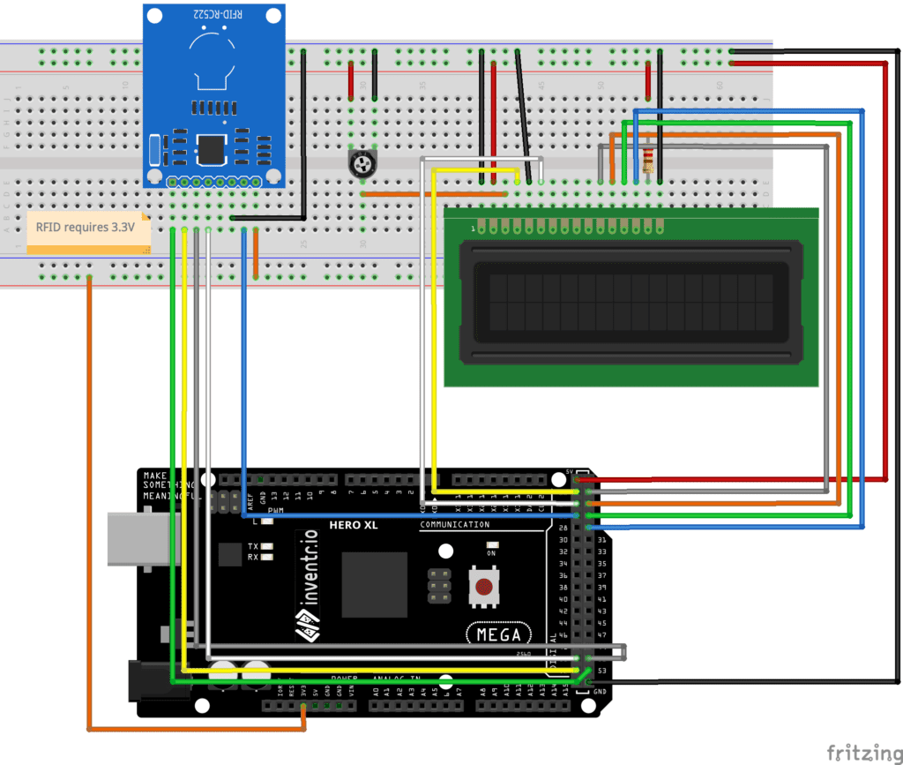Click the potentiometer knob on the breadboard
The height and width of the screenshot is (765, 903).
pos(360,162)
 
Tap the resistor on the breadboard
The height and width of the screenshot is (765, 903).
pos(649,159)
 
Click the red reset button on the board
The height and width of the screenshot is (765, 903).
pos(483,587)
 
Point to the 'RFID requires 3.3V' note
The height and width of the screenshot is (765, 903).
pos(86,229)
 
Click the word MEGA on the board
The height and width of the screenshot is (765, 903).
pos(498,634)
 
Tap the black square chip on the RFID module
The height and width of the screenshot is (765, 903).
pos(212,149)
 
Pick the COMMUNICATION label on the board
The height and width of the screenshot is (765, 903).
pos(454,525)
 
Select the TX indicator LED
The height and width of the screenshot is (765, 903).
pos(265,546)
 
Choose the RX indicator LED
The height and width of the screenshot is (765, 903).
pos(265,557)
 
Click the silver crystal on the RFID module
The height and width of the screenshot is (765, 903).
pos(155,150)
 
